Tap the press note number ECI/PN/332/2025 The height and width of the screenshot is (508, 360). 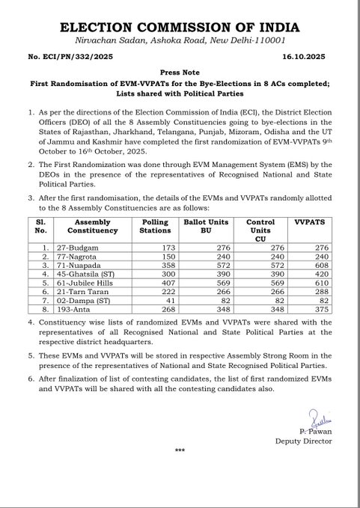point(51,55)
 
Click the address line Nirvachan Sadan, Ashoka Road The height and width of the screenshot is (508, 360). point(180,39)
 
